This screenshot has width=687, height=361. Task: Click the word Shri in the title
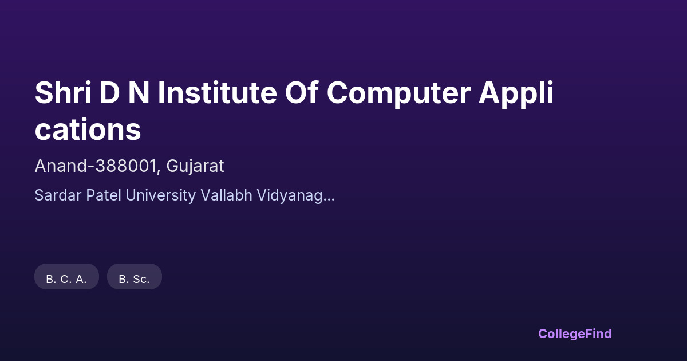63,92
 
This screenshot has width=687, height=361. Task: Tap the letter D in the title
109,93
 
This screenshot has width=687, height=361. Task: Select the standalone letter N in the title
139,93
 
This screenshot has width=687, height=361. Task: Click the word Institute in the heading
217,92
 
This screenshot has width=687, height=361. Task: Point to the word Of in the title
302,92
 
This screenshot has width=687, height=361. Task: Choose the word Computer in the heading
398,94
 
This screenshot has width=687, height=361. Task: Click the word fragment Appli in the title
516,94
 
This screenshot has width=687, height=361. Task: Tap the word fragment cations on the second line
88,130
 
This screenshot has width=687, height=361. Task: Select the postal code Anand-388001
96,166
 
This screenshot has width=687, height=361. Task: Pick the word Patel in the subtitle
104,195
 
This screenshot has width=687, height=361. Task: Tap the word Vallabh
226,195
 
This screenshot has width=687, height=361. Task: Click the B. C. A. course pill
66,277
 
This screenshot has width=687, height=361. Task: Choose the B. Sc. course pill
135,277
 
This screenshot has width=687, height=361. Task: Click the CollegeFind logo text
575,334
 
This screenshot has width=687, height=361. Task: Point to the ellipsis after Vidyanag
329,200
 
